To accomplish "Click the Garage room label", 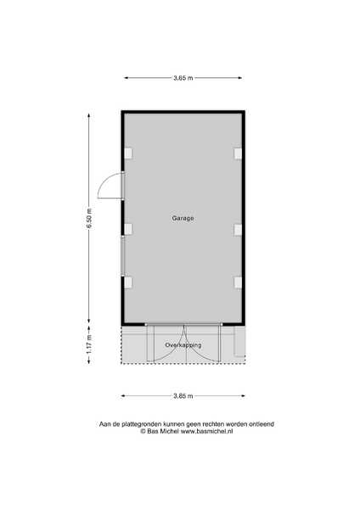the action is click(183, 219).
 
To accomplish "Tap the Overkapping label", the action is click(183, 345).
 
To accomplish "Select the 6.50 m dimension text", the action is click(89, 219).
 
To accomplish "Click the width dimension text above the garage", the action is click(183, 78).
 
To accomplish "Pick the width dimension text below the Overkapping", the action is click(183, 396).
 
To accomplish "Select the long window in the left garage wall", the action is click(123, 256).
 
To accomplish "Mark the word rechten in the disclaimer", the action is click(213, 424).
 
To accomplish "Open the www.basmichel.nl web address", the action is click(206, 432).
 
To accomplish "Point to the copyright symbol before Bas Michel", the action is click(143, 432).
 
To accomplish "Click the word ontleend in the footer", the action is click(262, 424).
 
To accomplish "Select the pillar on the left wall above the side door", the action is click(129, 154).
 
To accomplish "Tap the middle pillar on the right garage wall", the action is click(238, 230).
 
